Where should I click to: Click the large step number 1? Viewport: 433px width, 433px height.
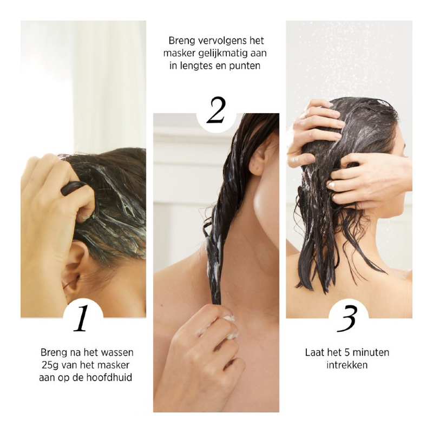click(x=82, y=318)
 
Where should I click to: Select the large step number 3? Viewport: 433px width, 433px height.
click(x=347, y=319)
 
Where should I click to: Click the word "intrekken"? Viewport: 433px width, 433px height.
click(x=347, y=365)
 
